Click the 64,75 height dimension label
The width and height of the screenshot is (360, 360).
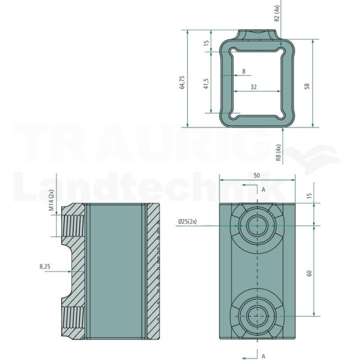pos(182,82)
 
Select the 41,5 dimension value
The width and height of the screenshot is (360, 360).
pos(206,83)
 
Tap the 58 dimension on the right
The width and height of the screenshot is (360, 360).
pos(307,86)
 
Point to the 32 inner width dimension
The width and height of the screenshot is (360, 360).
pos(254,87)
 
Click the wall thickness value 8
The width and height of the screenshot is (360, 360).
pos(244,71)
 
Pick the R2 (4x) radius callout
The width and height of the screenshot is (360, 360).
pos(277,13)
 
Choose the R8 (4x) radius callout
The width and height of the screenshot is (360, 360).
pos(278,153)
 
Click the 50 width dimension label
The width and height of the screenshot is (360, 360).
pos(257,175)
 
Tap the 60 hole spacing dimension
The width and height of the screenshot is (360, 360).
pos(309,273)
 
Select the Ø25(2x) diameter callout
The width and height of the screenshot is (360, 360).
pos(187,221)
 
